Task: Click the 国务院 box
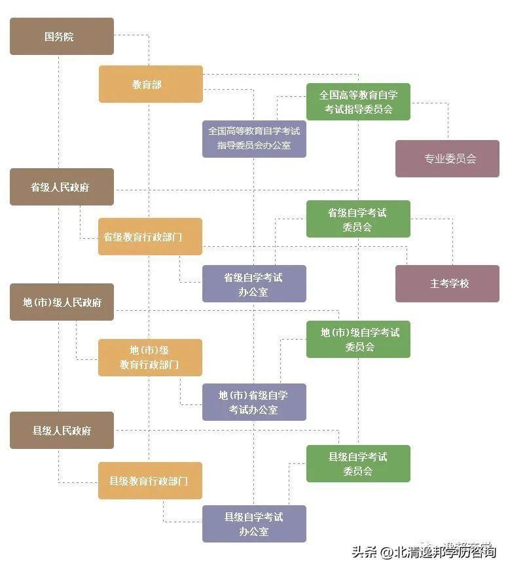pyautogui.click(x=62, y=36)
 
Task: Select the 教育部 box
pyautogui.click(x=151, y=84)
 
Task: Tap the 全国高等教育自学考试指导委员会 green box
pyautogui.click(x=358, y=101)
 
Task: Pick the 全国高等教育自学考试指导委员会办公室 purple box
pyautogui.click(x=254, y=138)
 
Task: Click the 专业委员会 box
pyautogui.click(x=447, y=158)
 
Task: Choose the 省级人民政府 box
pyautogui.click(x=62, y=187)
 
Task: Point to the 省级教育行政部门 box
pyautogui.click(x=150, y=236)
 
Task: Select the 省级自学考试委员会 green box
pyautogui.click(x=358, y=219)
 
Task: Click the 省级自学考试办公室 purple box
pyautogui.click(x=254, y=283)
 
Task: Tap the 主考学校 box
pyautogui.click(x=447, y=283)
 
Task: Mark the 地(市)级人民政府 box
pyautogui.click(x=62, y=302)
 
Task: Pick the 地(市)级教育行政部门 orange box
pyautogui.click(x=150, y=357)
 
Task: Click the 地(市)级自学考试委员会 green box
pyautogui.click(x=358, y=339)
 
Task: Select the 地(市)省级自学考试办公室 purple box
pyautogui.click(x=254, y=402)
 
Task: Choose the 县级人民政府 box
pyautogui.click(x=62, y=430)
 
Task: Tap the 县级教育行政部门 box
pyautogui.click(x=150, y=480)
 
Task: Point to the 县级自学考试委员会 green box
pyautogui.click(x=358, y=463)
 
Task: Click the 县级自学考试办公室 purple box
pyautogui.click(x=254, y=524)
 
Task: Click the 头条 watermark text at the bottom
pyautogui.click(x=367, y=551)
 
